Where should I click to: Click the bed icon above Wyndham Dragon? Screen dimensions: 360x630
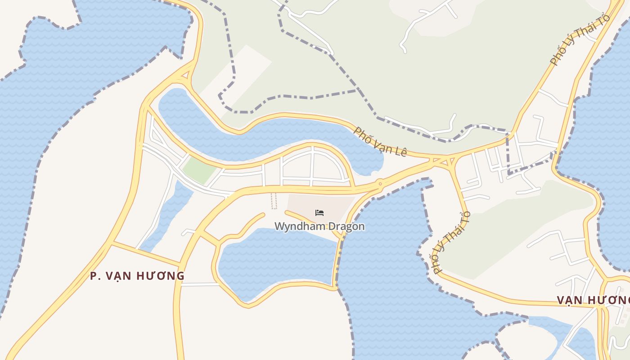[x=319, y=212]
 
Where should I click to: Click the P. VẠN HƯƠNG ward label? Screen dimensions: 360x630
[x=137, y=276]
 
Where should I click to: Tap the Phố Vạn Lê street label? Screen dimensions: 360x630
[x=380, y=141]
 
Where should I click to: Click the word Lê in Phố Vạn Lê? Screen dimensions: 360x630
[x=400, y=152]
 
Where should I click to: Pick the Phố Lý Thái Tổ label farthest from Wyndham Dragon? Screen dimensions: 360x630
[x=580, y=40]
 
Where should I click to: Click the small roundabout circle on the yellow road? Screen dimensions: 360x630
[x=380, y=183]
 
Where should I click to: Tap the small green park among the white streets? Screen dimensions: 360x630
[x=198, y=170]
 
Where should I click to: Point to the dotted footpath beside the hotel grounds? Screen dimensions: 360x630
[x=274, y=201]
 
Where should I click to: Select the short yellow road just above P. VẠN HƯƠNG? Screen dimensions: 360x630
[x=146, y=254]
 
